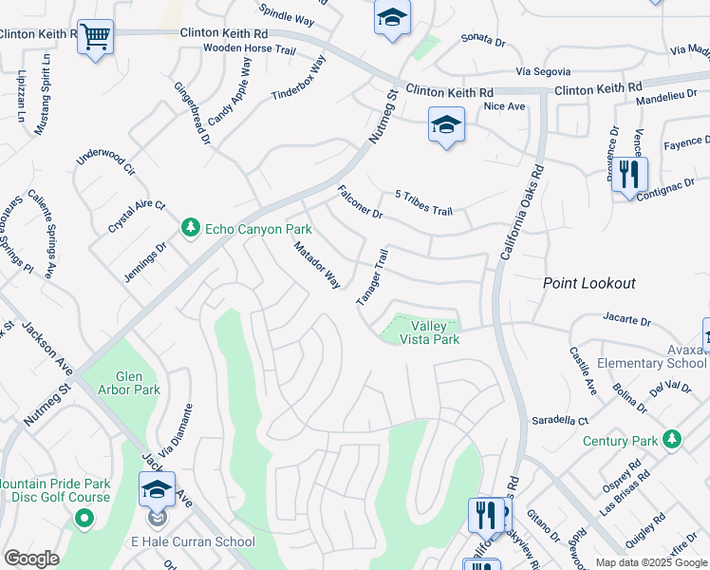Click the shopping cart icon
(x=95, y=37)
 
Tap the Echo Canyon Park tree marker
(x=191, y=229)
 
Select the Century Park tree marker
(x=673, y=439)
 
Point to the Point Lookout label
(x=589, y=283)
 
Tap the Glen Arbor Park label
(x=129, y=383)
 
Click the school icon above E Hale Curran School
(x=157, y=490)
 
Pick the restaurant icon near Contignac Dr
(x=628, y=174)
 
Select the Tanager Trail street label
(x=373, y=277)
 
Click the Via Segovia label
(x=543, y=71)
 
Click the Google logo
(x=31, y=559)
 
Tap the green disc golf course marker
(x=84, y=518)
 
